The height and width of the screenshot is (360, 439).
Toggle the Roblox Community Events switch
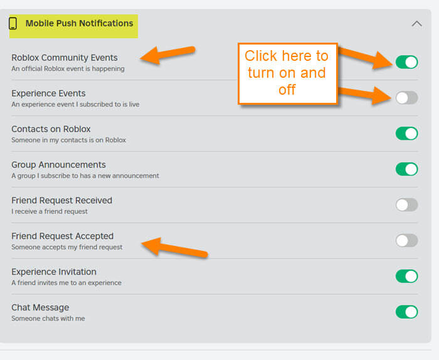[x=406, y=62]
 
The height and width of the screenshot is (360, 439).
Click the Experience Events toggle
[x=406, y=98]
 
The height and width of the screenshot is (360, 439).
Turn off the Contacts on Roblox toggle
[x=406, y=133]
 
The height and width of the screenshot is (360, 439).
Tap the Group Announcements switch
[x=406, y=169]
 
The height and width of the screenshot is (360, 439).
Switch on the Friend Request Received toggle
[x=406, y=204]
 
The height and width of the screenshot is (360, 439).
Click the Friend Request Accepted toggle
[x=406, y=240]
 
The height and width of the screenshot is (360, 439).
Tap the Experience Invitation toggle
[x=406, y=276]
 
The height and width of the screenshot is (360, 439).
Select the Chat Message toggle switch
[x=406, y=312]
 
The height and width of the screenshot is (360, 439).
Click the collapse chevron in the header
[x=416, y=23]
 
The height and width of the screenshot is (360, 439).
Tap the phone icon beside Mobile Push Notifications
[x=13, y=23]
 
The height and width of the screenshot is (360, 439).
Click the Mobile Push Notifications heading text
[x=79, y=23]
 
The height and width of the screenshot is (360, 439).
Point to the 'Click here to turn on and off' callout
[x=287, y=73]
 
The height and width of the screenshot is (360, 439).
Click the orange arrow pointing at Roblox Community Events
[x=167, y=55]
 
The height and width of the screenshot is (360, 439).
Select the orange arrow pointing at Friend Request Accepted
[x=174, y=248]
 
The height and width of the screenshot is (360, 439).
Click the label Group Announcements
[x=58, y=165]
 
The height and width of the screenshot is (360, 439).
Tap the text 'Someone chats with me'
[x=48, y=319]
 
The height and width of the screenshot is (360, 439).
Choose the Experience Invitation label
[x=54, y=272]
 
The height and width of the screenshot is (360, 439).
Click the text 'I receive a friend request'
[x=50, y=211]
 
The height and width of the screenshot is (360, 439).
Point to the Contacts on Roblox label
[x=51, y=129]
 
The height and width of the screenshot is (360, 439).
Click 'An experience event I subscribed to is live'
[x=75, y=104]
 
